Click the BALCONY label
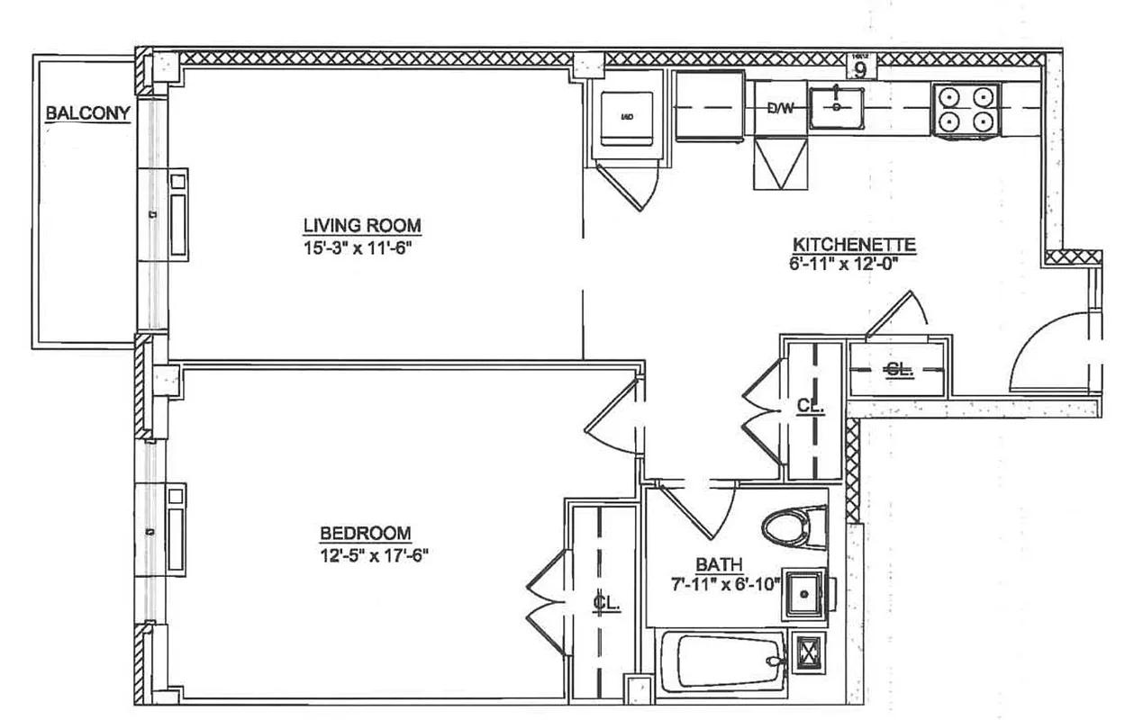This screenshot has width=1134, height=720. point(88,113)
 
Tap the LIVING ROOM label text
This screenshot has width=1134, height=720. point(361,225)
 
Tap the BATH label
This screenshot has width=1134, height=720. point(718,564)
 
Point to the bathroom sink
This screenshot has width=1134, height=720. point(803,593)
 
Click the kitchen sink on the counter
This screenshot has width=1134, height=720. point(838,107)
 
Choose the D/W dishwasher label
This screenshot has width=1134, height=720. point(780,109)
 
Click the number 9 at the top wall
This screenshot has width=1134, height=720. point(861,69)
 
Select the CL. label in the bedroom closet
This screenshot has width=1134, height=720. point(607,602)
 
